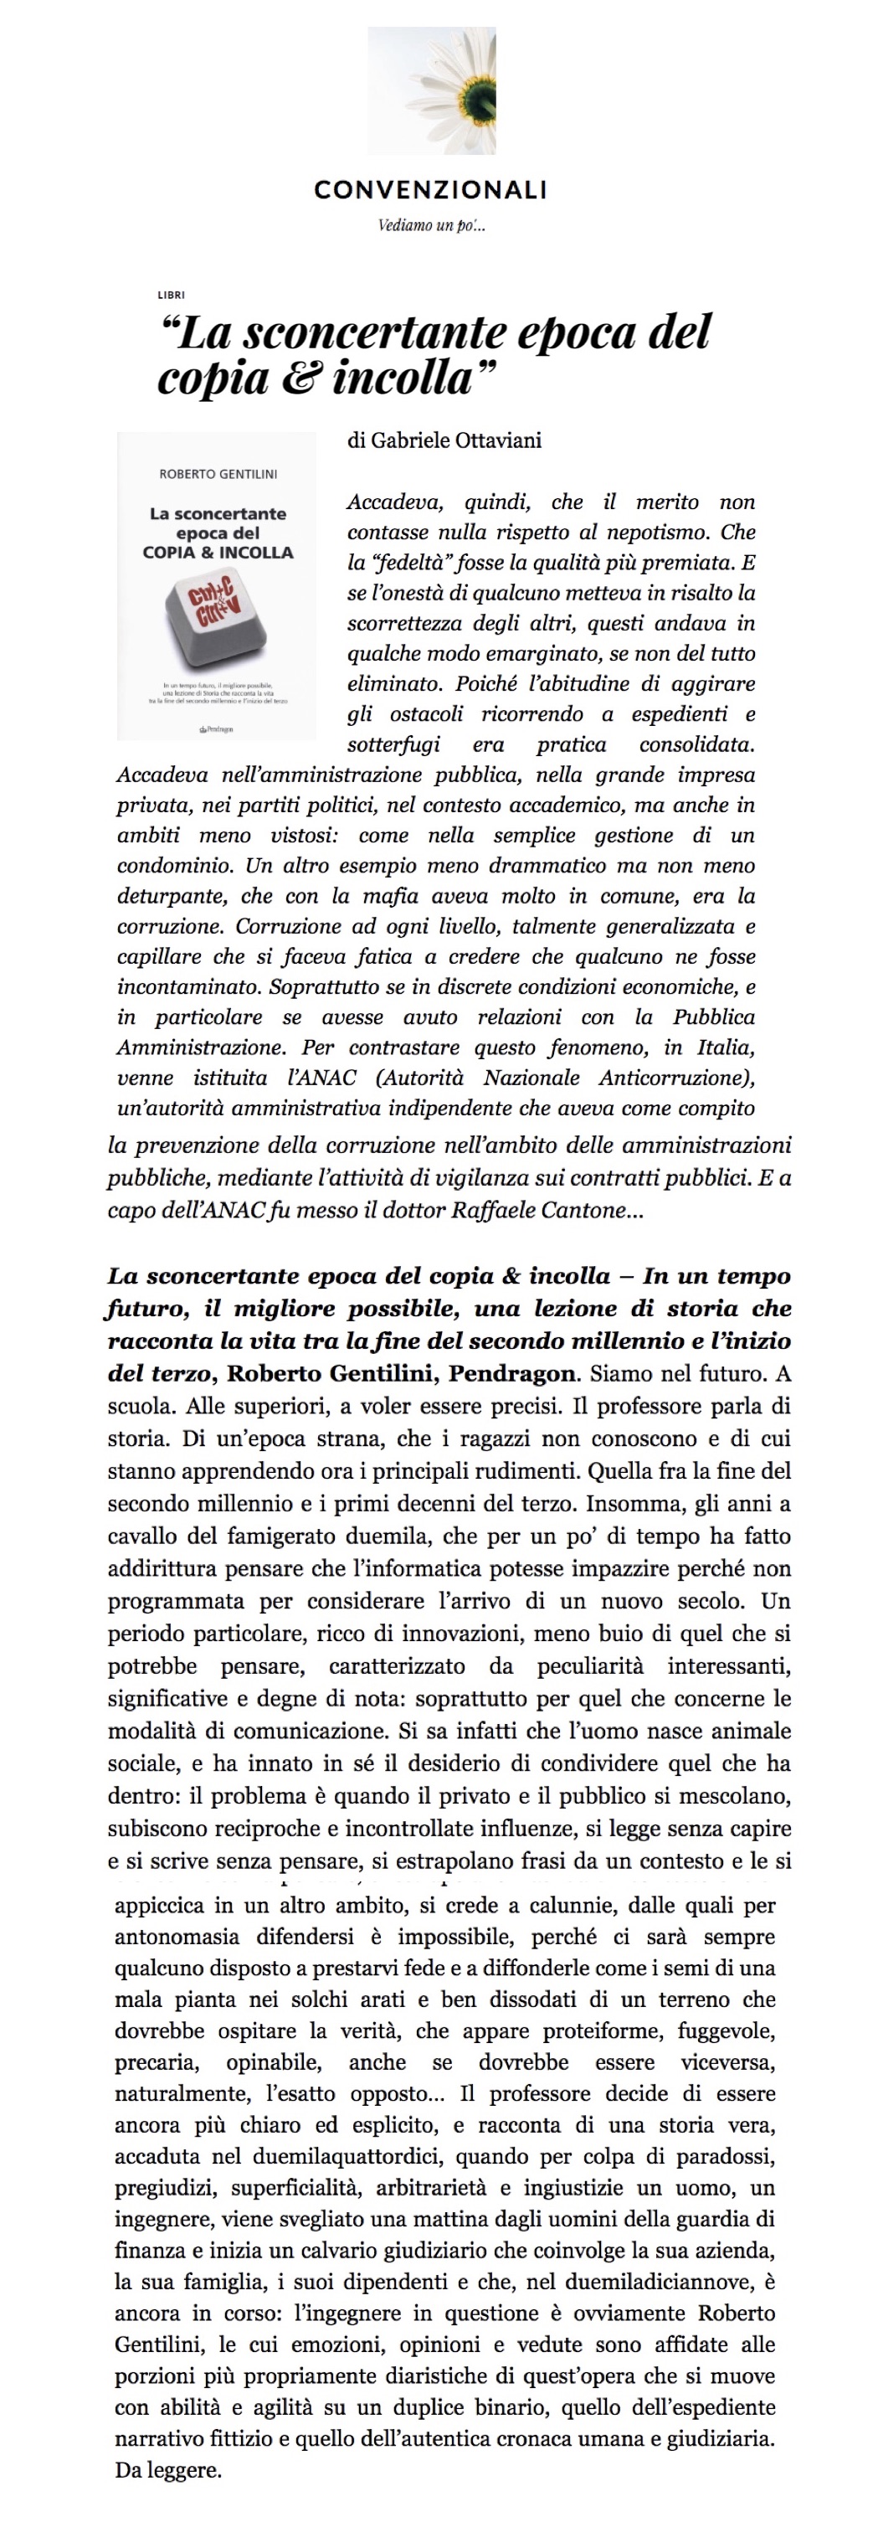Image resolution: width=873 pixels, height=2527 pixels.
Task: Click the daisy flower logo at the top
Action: (432, 90)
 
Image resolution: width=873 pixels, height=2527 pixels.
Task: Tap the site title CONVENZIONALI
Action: (430, 190)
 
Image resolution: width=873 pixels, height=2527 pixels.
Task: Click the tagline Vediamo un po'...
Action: (432, 225)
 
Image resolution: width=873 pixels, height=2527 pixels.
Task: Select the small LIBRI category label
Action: (171, 294)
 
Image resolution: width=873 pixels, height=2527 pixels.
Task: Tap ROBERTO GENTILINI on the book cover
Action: (218, 474)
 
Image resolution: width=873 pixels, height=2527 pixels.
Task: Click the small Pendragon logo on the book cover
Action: (216, 728)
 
